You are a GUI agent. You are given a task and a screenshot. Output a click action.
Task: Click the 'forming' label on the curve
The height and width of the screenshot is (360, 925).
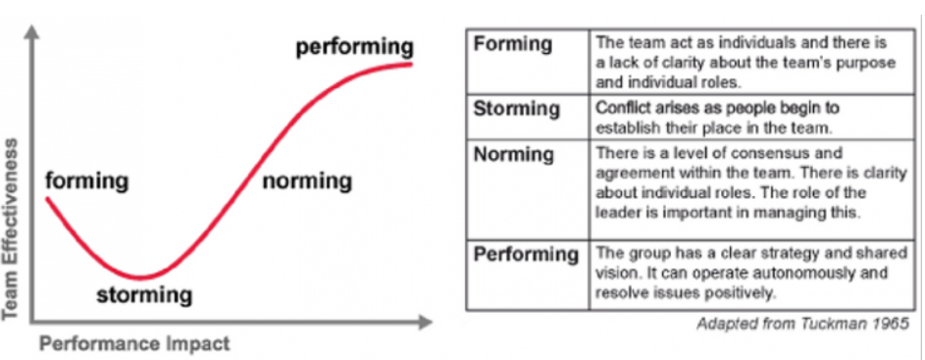pyautogui.click(x=87, y=181)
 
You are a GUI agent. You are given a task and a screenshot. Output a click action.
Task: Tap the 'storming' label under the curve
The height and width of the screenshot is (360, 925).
pyautogui.click(x=144, y=294)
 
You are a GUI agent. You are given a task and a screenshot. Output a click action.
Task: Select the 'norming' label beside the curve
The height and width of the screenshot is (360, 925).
pyautogui.click(x=307, y=181)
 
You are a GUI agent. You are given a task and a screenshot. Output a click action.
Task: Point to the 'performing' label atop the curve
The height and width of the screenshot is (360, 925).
pyautogui.click(x=354, y=46)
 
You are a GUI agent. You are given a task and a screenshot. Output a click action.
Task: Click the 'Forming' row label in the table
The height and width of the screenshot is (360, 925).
pyautogui.click(x=513, y=45)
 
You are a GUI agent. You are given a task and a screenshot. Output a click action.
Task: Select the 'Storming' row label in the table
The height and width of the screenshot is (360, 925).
pyautogui.click(x=517, y=108)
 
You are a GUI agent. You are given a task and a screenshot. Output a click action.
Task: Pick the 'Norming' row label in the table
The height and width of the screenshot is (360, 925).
pyautogui.click(x=513, y=155)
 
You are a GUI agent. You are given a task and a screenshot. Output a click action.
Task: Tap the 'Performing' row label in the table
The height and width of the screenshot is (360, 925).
pyautogui.click(x=527, y=255)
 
